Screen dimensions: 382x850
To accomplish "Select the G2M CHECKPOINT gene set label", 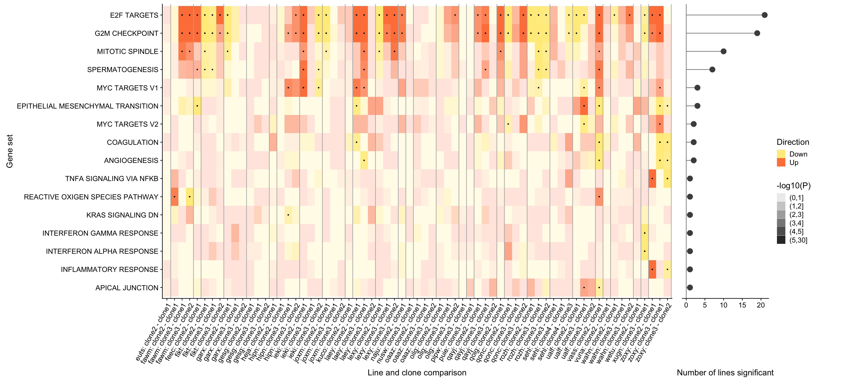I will pos(126,33).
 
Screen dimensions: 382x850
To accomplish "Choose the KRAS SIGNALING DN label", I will pos(122,215).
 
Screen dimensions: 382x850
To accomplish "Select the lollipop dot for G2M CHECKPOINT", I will pos(757,33).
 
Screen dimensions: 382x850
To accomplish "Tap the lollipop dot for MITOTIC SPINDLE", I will pos(724,52).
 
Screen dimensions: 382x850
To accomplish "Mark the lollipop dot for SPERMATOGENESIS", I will pos(712,70).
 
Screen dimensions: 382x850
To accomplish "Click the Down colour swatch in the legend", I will pos(781,154).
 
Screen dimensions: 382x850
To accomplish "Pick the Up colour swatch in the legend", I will pos(781,162).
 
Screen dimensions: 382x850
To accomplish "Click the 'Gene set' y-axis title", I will pos(10,151).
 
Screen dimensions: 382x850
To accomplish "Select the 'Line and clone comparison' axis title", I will pos(417,372).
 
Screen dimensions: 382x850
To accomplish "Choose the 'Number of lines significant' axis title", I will pos(725,372).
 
